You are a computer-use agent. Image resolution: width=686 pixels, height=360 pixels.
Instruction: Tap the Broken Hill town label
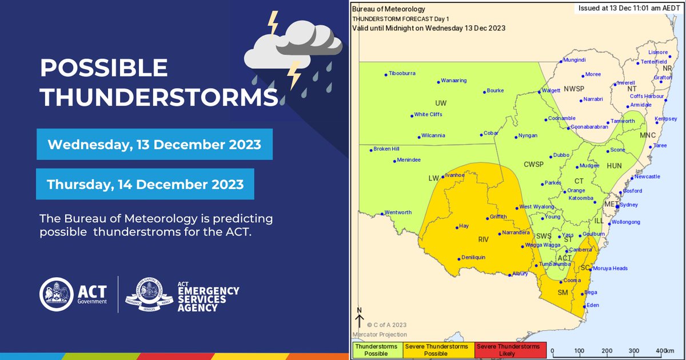coord(386,149)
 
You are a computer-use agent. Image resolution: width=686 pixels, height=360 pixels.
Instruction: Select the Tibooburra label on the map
coord(402,74)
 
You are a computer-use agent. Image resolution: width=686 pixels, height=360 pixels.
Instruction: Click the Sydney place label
coord(628,205)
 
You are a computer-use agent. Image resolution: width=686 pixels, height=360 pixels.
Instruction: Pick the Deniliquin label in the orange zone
coord(473,258)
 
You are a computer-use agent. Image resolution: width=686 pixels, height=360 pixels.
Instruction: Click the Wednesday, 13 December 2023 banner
coord(154,144)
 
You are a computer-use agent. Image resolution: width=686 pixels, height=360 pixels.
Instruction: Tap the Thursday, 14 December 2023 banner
coord(145,185)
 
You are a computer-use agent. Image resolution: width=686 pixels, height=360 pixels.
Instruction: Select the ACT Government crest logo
coord(55,295)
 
